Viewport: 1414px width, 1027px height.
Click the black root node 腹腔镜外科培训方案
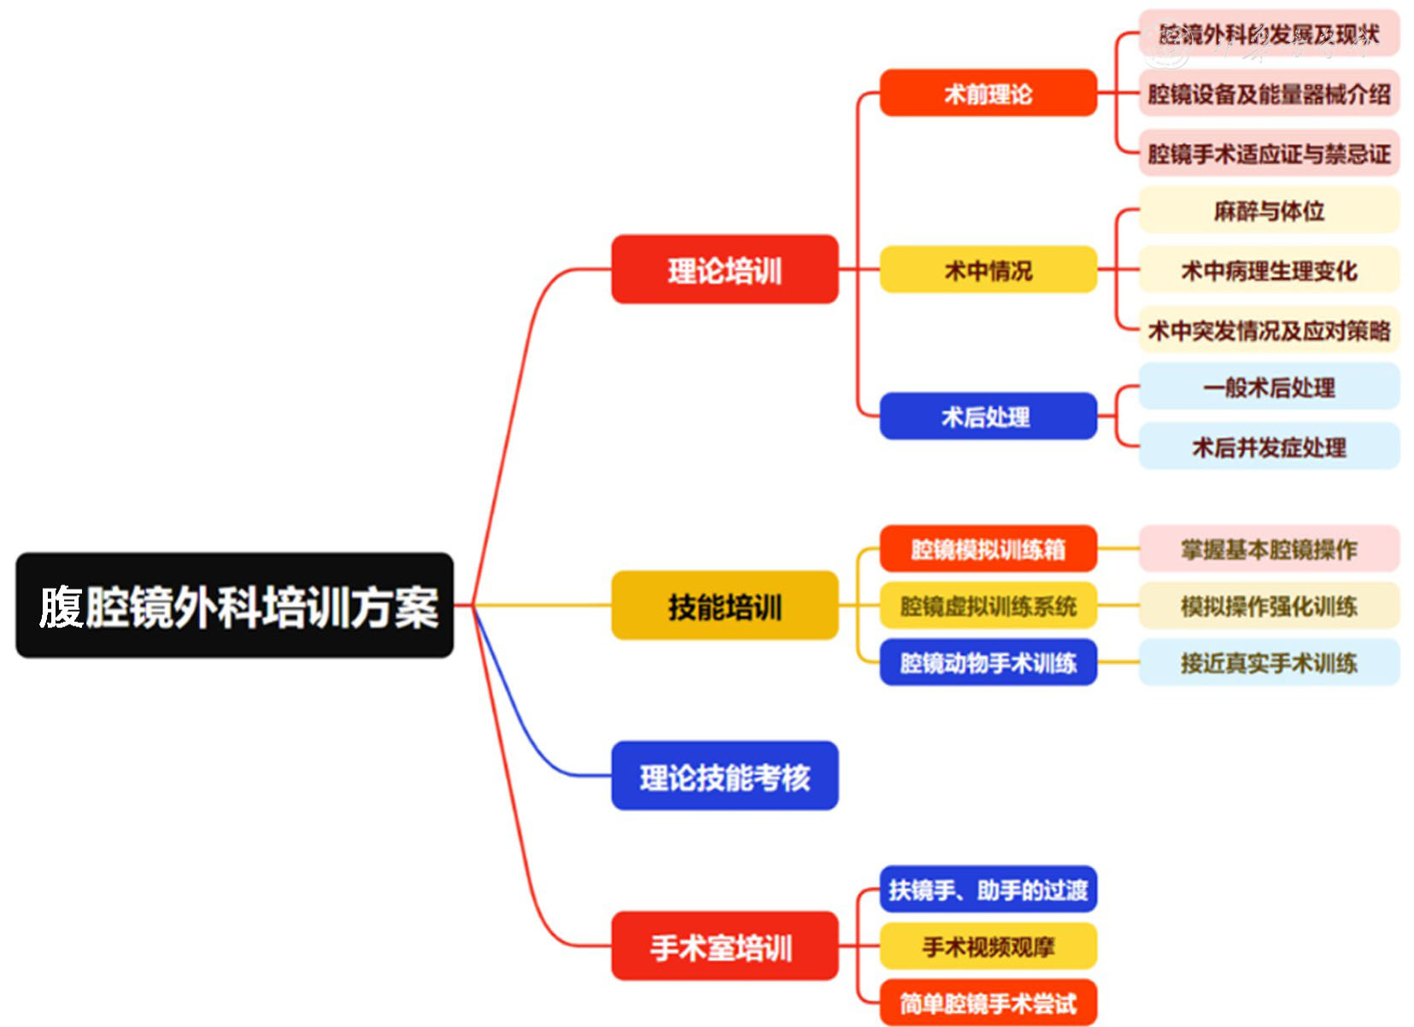pos(234,605)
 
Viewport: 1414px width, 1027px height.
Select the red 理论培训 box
pos(725,269)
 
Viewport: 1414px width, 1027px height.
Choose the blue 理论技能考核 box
pos(725,775)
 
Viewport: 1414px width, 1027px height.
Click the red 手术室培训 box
pos(725,946)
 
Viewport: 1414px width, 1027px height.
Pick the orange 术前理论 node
pos(988,92)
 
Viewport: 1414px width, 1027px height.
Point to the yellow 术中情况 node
pos(988,269)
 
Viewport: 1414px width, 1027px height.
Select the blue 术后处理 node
pos(988,416)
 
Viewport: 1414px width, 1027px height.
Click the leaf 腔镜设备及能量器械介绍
pos(1269,93)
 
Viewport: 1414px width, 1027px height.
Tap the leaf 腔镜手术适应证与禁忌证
pos(1269,153)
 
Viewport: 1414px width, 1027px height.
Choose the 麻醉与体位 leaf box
pos(1269,210)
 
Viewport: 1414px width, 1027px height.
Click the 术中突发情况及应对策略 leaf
pos(1269,330)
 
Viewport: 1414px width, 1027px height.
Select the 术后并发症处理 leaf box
pos(1269,446)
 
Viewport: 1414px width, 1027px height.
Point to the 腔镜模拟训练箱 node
pos(988,548)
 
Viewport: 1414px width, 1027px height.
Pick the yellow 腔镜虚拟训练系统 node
pos(988,605)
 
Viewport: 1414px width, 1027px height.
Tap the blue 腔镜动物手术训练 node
pos(988,662)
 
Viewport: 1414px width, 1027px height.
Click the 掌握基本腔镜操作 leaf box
pos(1269,549)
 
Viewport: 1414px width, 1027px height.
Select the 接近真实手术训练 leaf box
pos(1269,662)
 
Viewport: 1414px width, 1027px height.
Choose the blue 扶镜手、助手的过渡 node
pos(988,889)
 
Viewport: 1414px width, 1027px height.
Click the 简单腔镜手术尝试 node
pos(988,1002)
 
